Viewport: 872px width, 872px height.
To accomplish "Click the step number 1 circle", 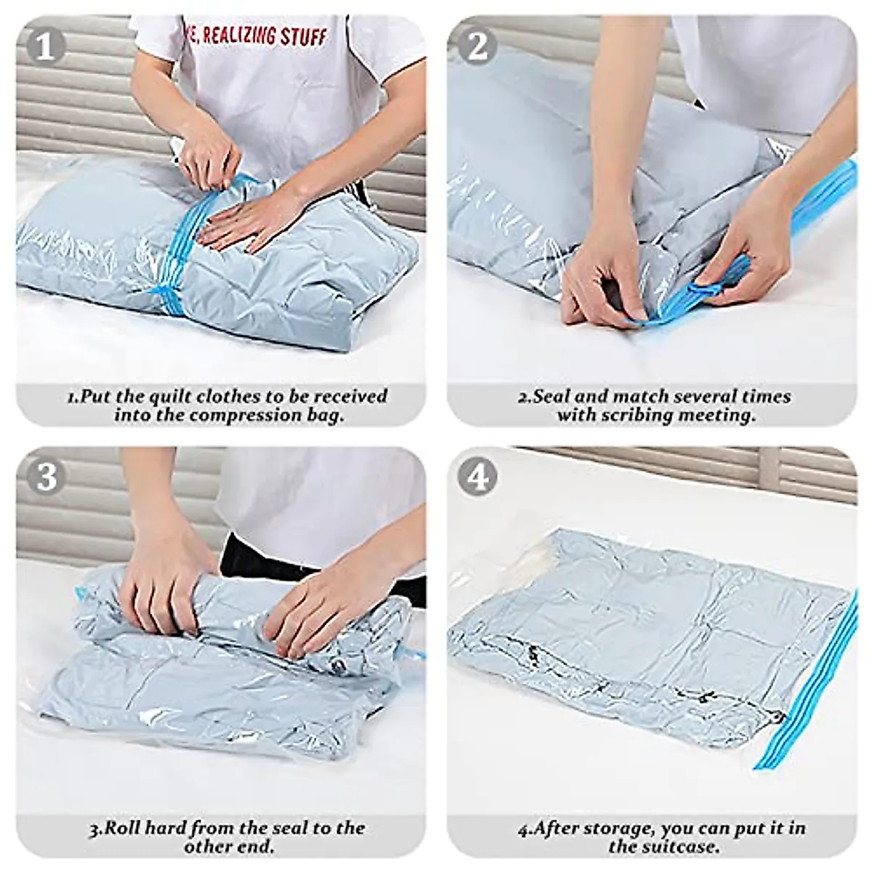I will tap(45, 46).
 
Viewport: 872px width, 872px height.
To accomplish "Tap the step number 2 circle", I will tap(477, 46).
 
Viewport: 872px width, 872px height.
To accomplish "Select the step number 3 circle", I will tap(45, 477).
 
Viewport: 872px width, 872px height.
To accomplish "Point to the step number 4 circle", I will tap(477, 477).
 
